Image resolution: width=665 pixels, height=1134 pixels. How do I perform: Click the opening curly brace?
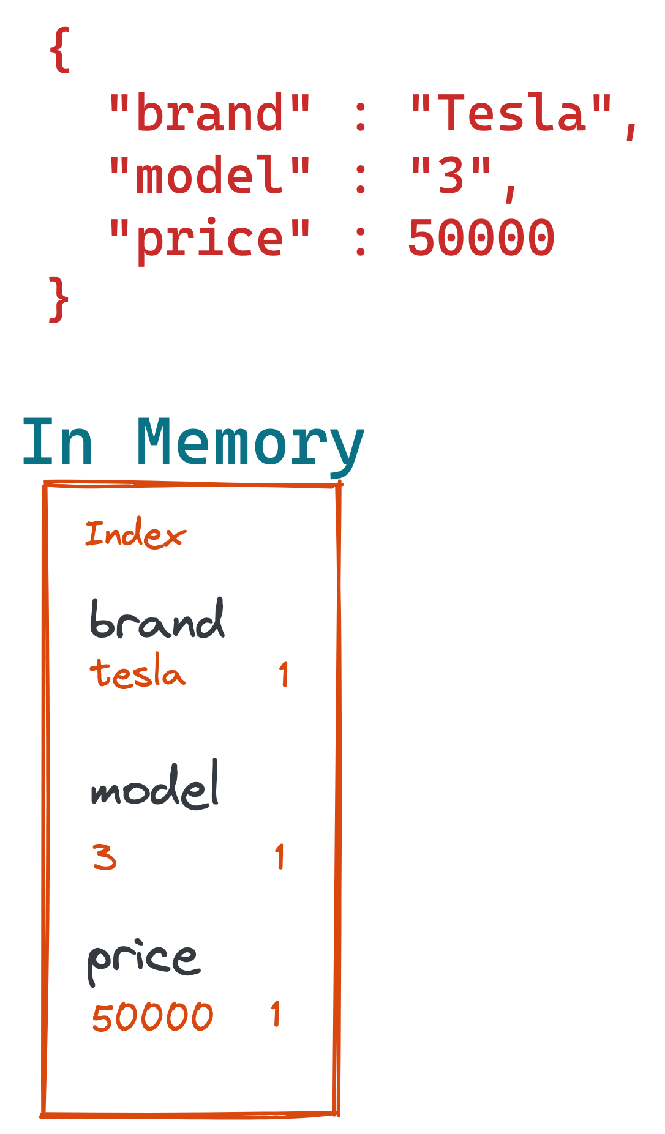tap(60, 50)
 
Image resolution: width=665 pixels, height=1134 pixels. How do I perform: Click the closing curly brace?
tap(59, 299)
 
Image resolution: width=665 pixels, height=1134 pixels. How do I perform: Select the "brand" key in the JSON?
tap(209, 114)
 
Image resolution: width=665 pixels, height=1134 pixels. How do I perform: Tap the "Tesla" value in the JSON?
tap(511, 114)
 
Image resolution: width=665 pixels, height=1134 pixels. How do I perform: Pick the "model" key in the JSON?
tap(209, 176)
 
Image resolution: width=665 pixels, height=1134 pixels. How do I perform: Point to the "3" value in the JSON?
tap(452, 176)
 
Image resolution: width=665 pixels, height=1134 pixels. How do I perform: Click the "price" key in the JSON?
tap(209, 239)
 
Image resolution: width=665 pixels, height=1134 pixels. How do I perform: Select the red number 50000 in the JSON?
tap(481, 239)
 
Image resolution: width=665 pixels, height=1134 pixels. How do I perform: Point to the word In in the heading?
tap(58, 442)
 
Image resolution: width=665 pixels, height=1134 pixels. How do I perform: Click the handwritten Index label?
tap(135, 534)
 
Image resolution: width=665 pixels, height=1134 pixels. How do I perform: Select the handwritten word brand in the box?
tap(157, 620)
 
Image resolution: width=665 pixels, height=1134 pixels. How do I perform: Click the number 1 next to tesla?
tap(284, 674)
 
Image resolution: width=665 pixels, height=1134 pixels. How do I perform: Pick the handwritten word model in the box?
tap(156, 786)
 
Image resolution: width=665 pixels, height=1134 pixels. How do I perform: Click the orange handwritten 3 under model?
tap(105, 857)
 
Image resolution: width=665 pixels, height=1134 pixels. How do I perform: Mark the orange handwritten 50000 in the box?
tap(152, 1017)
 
